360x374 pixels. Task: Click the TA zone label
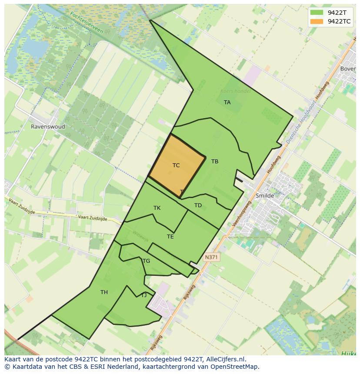point(227,103)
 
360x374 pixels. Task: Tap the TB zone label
point(215,162)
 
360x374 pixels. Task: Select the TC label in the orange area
point(176,165)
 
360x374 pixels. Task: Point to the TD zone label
point(198,205)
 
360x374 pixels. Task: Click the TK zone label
point(157,208)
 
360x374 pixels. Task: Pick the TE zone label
point(170,237)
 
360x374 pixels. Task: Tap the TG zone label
point(146,261)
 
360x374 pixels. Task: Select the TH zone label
point(104,292)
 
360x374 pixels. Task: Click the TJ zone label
point(144,295)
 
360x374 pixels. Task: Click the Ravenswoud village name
point(48,127)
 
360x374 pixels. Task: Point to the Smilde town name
point(265,196)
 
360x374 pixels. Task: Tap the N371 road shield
point(211,257)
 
